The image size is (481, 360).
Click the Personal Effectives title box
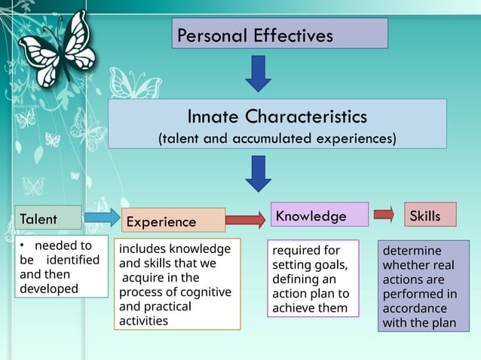pyautogui.click(x=280, y=34)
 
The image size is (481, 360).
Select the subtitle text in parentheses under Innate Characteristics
pyautogui.click(x=277, y=139)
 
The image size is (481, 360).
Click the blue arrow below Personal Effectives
pyautogui.click(x=259, y=73)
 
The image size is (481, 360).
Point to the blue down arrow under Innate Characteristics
pyautogui.click(x=259, y=173)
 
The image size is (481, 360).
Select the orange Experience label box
pyautogui.click(x=173, y=221)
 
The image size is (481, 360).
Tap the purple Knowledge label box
pyautogui.click(x=319, y=215)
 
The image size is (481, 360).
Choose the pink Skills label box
pyautogui.click(x=430, y=215)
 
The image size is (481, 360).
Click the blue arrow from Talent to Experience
pyautogui.click(x=101, y=218)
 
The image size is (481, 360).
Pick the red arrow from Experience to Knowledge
pyautogui.click(x=245, y=220)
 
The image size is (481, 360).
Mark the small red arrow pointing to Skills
pyautogui.click(x=384, y=215)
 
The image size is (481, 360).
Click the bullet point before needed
pyautogui.click(x=23, y=246)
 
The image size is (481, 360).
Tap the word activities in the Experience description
pyautogui.click(x=143, y=321)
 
